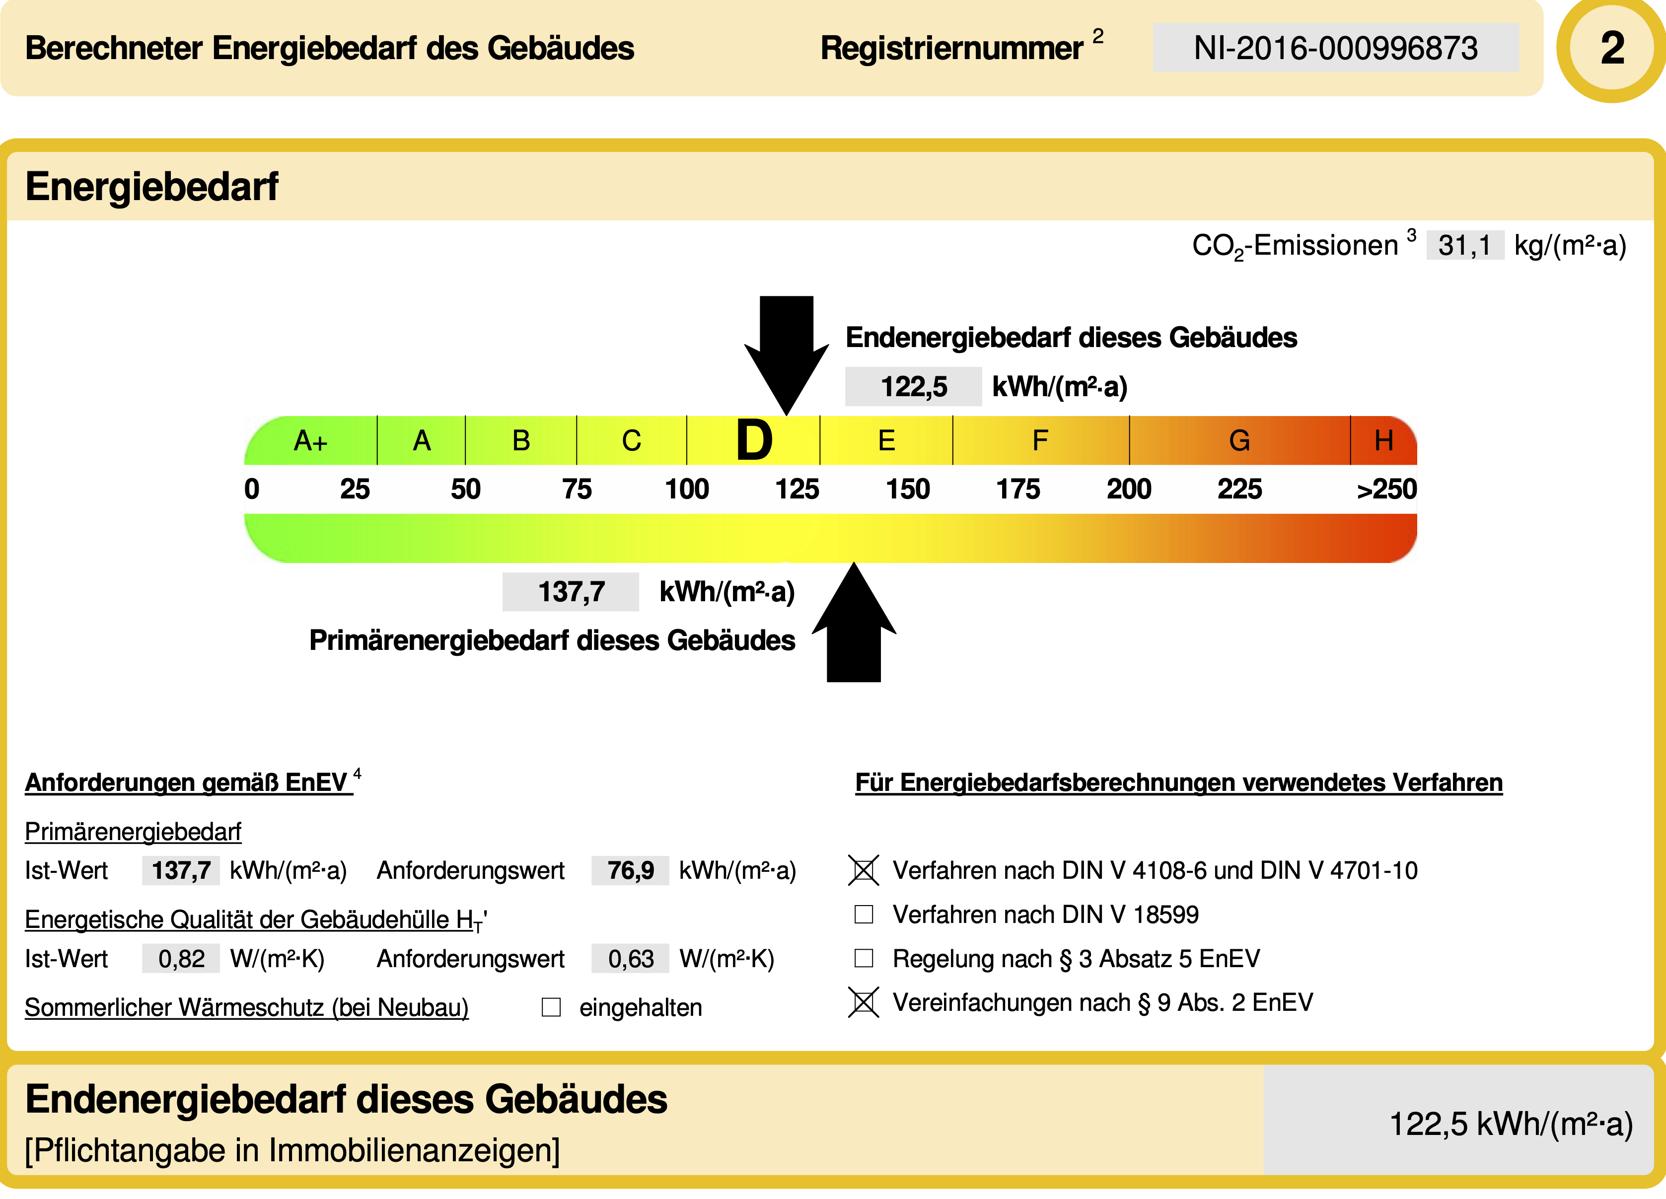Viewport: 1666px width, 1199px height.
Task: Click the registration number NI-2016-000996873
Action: pos(1335,48)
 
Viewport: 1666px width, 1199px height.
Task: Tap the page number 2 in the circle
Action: pos(1612,49)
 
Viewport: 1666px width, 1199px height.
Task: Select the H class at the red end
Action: pos(1384,440)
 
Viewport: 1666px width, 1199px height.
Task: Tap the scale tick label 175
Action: pos(1018,489)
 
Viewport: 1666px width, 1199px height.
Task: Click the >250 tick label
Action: pos(1386,489)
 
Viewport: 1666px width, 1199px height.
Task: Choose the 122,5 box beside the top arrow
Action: pos(913,386)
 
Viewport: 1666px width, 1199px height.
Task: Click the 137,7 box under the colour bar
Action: pos(571,592)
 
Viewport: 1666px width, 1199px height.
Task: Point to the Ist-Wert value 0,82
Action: pos(181,958)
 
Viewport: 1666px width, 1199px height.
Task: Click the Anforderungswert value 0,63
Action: pos(630,958)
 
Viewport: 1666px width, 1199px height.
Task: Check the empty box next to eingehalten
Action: pos(551,1007)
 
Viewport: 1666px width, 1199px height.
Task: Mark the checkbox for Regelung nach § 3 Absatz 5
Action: pos(864,958)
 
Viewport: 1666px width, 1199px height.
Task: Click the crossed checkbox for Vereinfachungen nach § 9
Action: pos(864,1002)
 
